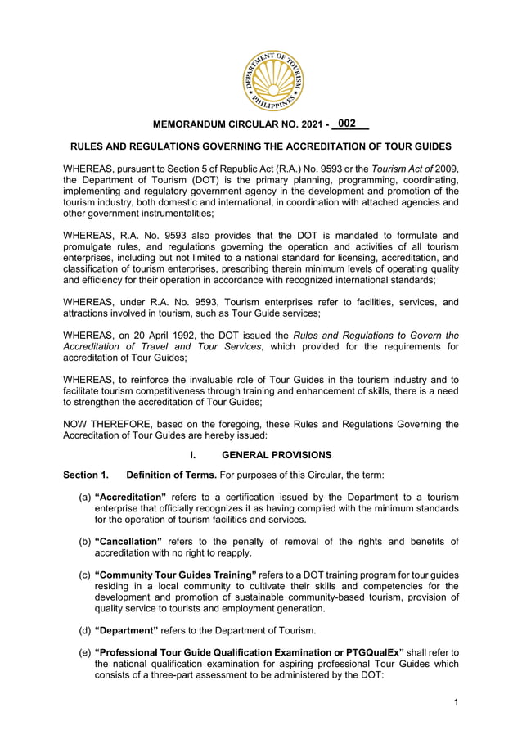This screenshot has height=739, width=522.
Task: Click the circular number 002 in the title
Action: tap(348, 124)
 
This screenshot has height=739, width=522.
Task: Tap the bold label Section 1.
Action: tap(86, 475)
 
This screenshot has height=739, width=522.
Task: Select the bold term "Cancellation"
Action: tap(128, 541)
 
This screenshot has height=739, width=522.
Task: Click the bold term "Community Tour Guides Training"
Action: tap(176, 575)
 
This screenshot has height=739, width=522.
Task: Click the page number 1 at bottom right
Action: tap(455, 703)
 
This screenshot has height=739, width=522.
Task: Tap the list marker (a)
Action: tap(84, 497)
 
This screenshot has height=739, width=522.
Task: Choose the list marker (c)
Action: tap(84, 575)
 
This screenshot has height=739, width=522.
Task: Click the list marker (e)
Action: tap(84, 652)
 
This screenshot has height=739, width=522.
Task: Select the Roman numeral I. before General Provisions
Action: tap(193, 455)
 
